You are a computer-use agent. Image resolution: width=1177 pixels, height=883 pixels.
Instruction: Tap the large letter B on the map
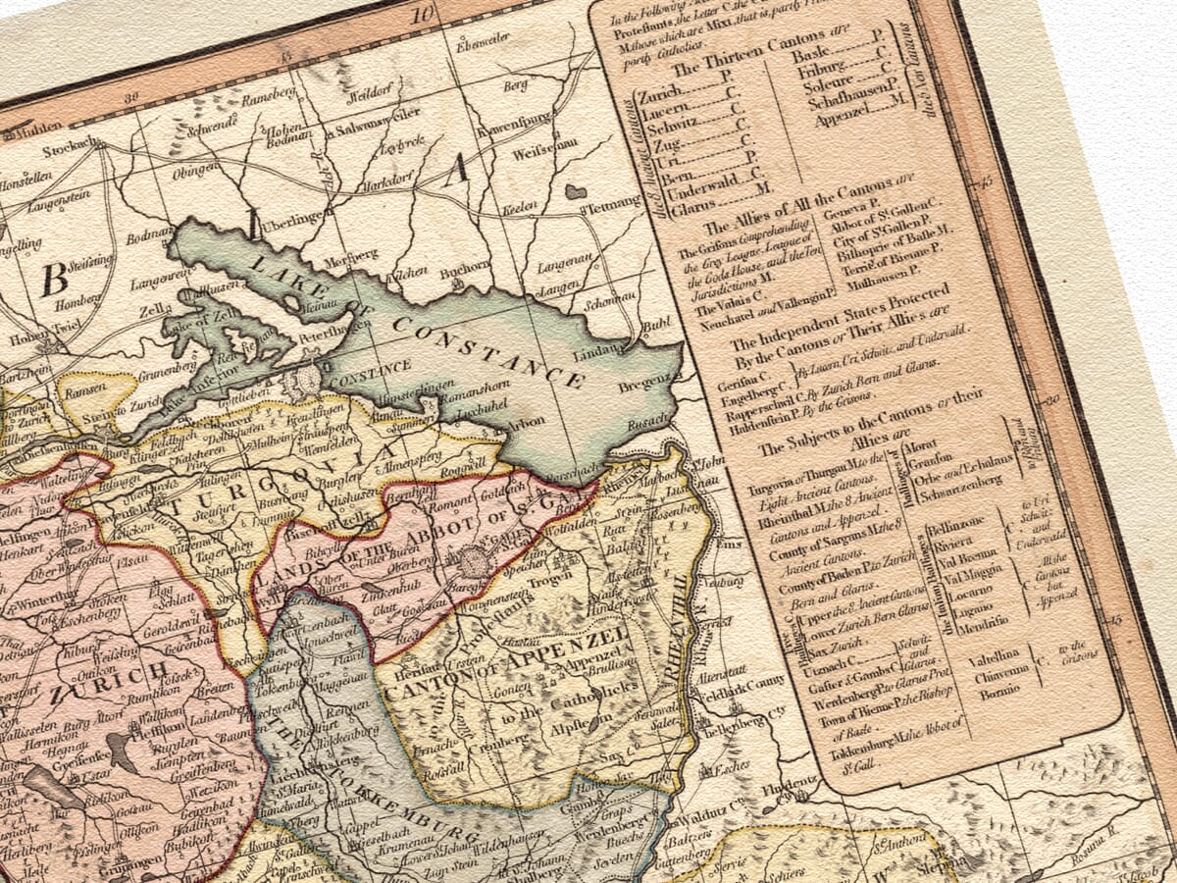(53, 280)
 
